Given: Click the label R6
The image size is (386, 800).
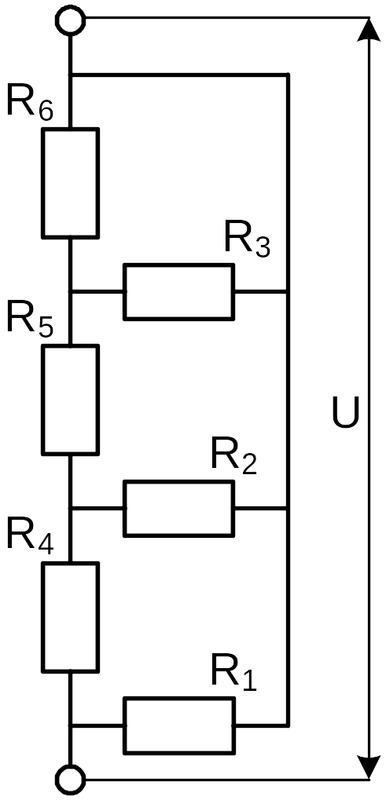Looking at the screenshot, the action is point(30,104).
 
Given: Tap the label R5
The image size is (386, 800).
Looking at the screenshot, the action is point(30,321).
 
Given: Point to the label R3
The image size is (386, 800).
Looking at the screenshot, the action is point(247,239).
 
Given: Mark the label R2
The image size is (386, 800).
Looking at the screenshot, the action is point(233,457).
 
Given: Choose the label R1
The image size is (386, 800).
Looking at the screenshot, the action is point(233,674).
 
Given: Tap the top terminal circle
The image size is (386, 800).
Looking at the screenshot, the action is point(71,21).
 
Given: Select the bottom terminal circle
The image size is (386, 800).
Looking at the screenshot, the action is point(71,779).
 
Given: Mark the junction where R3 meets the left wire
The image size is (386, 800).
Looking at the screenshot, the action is point(71,292).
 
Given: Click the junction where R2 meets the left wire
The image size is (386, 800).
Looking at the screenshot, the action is point(71,509).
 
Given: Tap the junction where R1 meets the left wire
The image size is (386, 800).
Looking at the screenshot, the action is point(71,725).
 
